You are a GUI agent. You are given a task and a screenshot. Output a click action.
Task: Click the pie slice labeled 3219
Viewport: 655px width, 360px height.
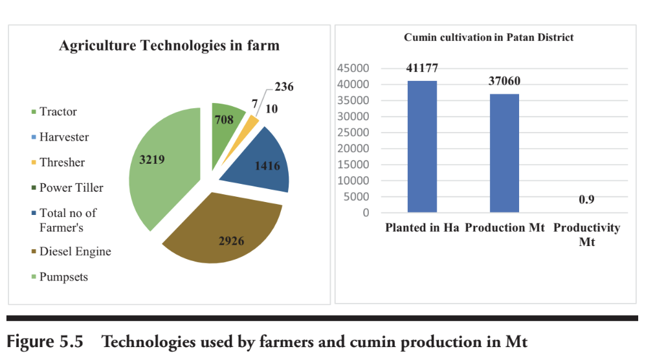pos(165,165)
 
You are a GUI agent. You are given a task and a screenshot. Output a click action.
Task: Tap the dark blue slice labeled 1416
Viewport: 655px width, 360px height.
pos(259,165)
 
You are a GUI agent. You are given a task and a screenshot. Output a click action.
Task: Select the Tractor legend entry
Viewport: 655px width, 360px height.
pos(58,111)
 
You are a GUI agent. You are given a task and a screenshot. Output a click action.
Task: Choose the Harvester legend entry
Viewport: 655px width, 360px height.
pos(63,137)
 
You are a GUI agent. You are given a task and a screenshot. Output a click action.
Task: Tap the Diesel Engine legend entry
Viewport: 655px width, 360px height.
pos(75,251)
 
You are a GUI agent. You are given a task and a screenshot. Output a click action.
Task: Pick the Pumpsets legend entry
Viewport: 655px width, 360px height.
pos(63,277)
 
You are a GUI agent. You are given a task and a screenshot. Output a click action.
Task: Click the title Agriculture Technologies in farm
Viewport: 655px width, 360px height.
pos(169,45)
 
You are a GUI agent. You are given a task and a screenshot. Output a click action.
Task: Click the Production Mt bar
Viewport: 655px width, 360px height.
pos(504,153)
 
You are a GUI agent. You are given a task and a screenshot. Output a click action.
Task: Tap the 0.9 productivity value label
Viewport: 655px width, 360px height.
pos(586,199)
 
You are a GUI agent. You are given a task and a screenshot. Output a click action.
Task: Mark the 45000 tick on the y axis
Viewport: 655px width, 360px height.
pos(354,69)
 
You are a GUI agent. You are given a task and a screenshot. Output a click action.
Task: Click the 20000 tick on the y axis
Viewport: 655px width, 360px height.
pos(354,148)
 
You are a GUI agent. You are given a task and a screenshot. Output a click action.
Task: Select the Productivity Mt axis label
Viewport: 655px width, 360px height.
pos(586,234)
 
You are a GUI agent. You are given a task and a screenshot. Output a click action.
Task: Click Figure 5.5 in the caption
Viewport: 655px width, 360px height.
pos(45,341)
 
